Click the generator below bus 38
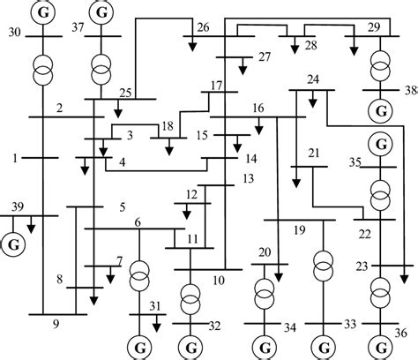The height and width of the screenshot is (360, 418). click(x=381, y=110)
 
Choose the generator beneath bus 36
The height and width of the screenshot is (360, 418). click(x=381, y=345)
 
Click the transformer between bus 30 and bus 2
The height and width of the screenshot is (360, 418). click(x=41, y=67)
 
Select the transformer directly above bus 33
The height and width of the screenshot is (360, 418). click(x=324, y=263)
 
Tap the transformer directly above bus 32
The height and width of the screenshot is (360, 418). click(x=190, y=298)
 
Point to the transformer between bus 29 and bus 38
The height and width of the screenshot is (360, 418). click(x=381, y=64)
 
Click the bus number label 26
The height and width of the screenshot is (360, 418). click(x=204, y=28)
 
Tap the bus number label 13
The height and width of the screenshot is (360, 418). click(x=248, y=179)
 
